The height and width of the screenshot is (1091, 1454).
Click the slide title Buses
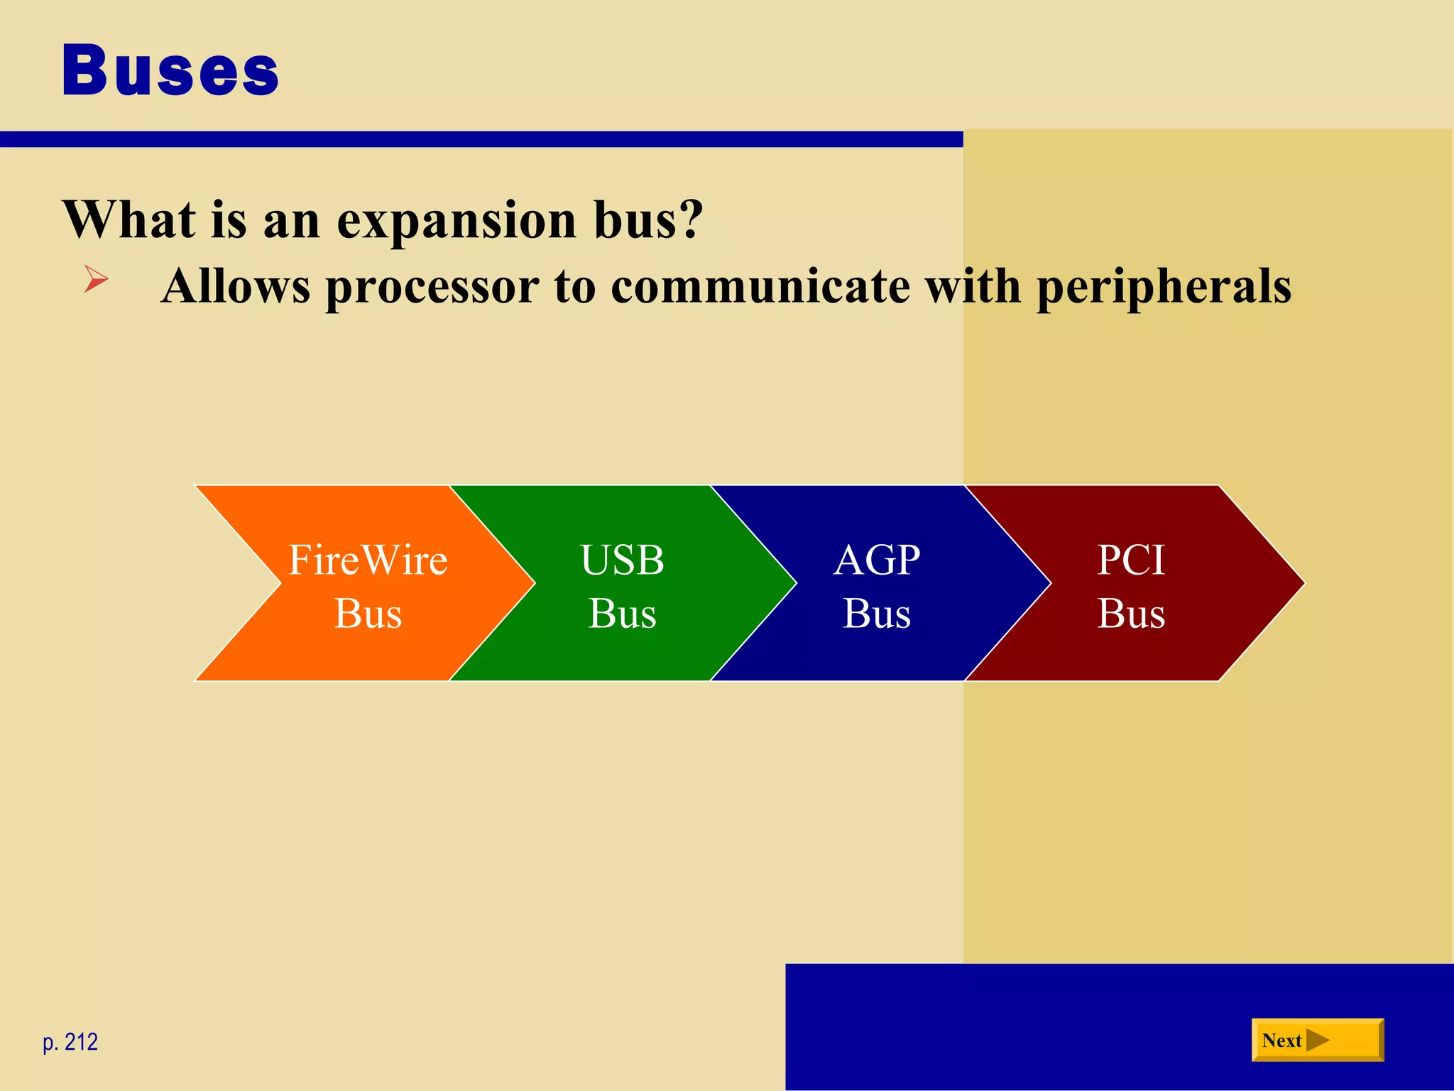[x=170, y=70]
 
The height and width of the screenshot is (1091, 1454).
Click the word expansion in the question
[x=457, y=220]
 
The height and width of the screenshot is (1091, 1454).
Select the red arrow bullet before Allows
[x=96, y=278]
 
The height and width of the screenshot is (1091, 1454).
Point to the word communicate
[x=760, y=286]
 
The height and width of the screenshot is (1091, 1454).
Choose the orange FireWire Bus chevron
[x=355, y=639]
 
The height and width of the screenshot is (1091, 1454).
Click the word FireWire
[x=368, y=560]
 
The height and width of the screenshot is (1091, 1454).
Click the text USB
[x=622, y=560]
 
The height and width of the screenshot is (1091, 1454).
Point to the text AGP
[x=877, y=560]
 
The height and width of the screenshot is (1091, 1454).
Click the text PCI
[x=1131, y=560]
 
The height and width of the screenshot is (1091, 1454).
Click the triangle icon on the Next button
[x=1317, y=1041]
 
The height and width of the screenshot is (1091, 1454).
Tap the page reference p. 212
[x=70, y=1042]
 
